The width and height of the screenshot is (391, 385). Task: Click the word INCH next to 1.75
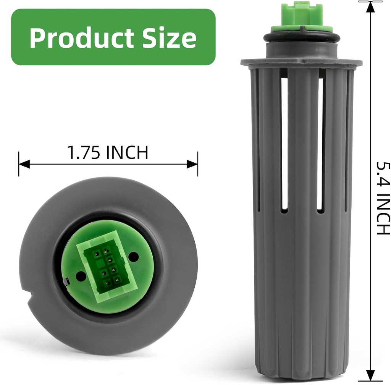(127, 152)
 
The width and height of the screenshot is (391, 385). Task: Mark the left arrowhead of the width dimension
(24, 164)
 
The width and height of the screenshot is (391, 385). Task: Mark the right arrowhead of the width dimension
(192, 164)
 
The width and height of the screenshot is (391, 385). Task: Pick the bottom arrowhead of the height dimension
(370, 375)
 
